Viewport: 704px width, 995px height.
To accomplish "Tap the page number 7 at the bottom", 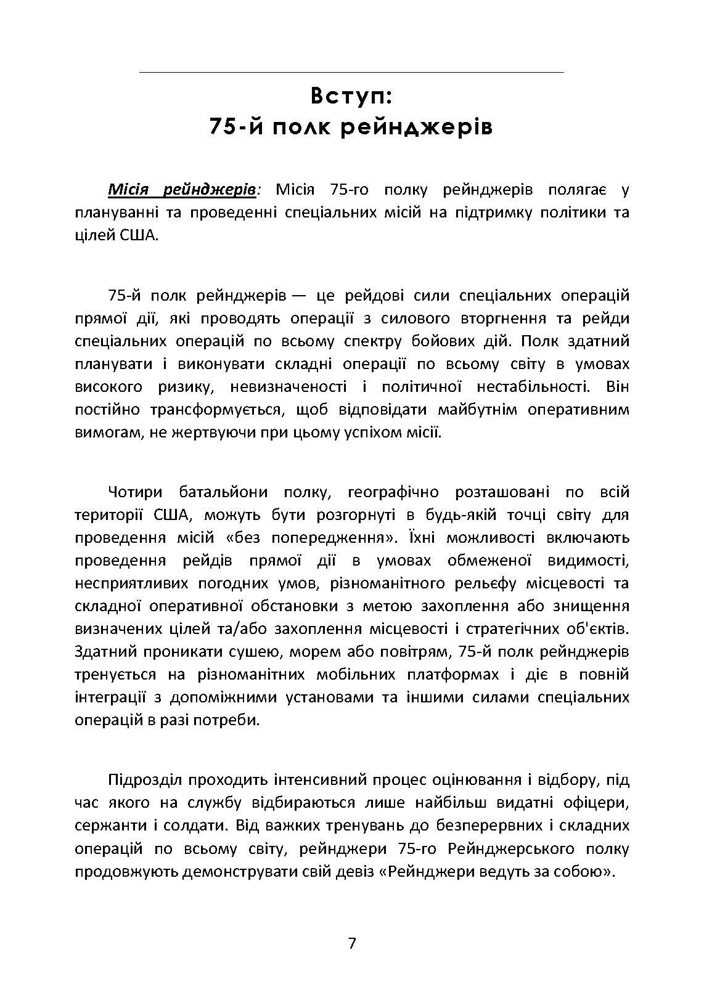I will point(352,943).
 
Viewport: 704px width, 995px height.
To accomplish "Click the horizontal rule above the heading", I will point(352,73).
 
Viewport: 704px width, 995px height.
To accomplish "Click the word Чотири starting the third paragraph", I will point(135,492).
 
